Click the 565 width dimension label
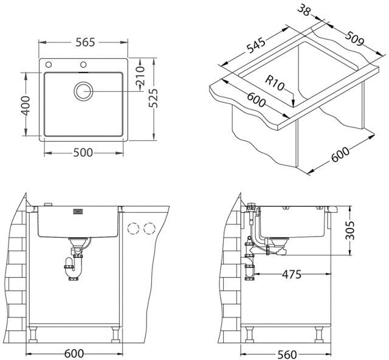coord(85,43)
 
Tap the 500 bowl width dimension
coord(83,153)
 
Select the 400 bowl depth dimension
coord(25,106)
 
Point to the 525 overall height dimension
coord(153,98)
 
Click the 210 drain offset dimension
coord(140,75)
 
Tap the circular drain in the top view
coord(84,91)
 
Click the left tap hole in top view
coord(49,64)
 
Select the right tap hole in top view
coord(83,64)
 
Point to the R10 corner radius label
coord(275,83)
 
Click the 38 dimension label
coord(304,10)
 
